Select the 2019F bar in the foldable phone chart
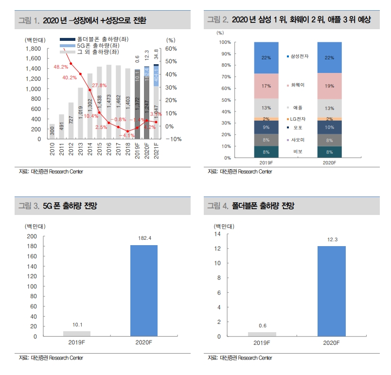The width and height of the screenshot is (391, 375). [x=262, y=334]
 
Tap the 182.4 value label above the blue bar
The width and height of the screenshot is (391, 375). [x=144, y=238]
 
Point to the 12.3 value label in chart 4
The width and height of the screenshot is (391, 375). [x=331, y=239]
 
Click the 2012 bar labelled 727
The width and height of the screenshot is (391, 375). [x=71, y=121]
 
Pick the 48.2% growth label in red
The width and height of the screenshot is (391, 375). [x=61, y=67]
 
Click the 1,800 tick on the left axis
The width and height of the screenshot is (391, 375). [x=34, y=49]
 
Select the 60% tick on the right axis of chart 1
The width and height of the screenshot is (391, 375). [x=172, y=49]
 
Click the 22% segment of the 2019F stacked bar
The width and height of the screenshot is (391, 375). [x=266, y=58]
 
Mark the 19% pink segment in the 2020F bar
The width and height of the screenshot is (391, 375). [x=330, y=86]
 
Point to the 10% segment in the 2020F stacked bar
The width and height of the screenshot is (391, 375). [x=330, y=127]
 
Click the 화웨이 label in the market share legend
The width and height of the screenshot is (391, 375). [x=298, y=85]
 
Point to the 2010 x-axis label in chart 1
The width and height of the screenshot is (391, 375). [x=53, y=148]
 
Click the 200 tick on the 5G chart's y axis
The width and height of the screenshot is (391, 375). [x=31, y=236]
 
